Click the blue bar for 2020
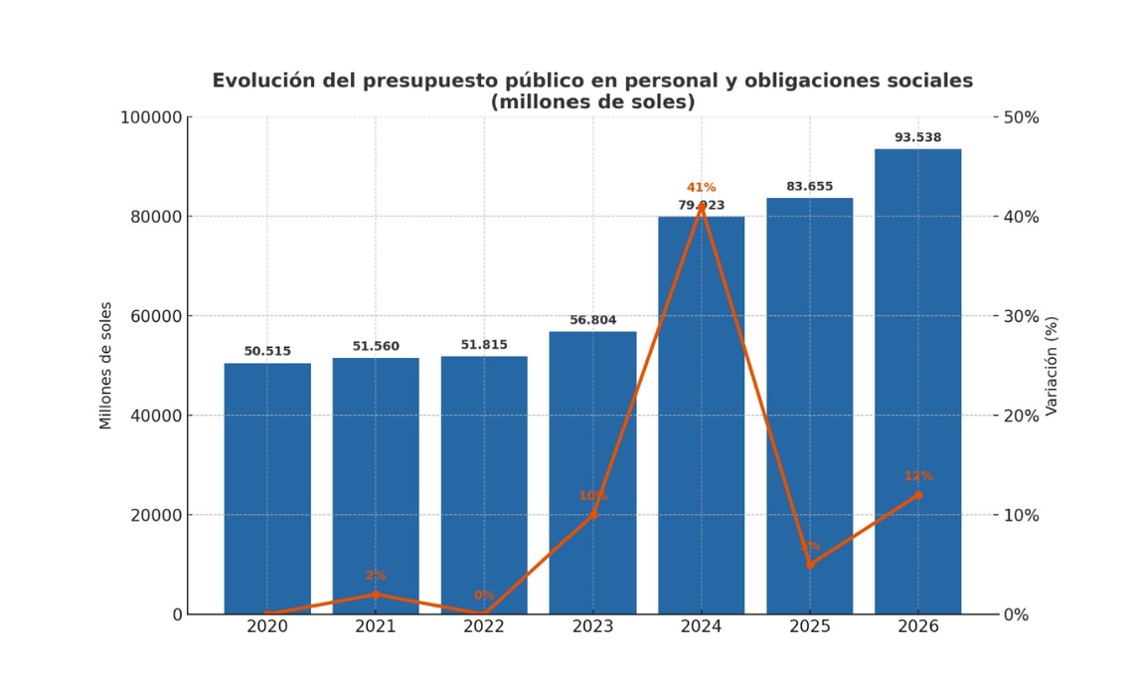click(267, 488)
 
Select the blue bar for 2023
click(592, 472)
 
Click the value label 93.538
click(917, 137)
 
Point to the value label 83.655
click(809, 186)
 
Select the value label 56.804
click(592, 320)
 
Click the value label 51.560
click(376, 346)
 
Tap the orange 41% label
click(701, 187)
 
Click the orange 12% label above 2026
click(917, 476)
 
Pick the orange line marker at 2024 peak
click(701, 207)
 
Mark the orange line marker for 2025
click(809, 565)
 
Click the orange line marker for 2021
click(376, 595)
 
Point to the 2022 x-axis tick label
click(484, 627)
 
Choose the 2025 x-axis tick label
click(809, 627)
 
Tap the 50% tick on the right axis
click(1023, 117)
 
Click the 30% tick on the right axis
click(1023, 316)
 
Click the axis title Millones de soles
click(106, 366)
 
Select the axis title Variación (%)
click(1052, 366)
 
